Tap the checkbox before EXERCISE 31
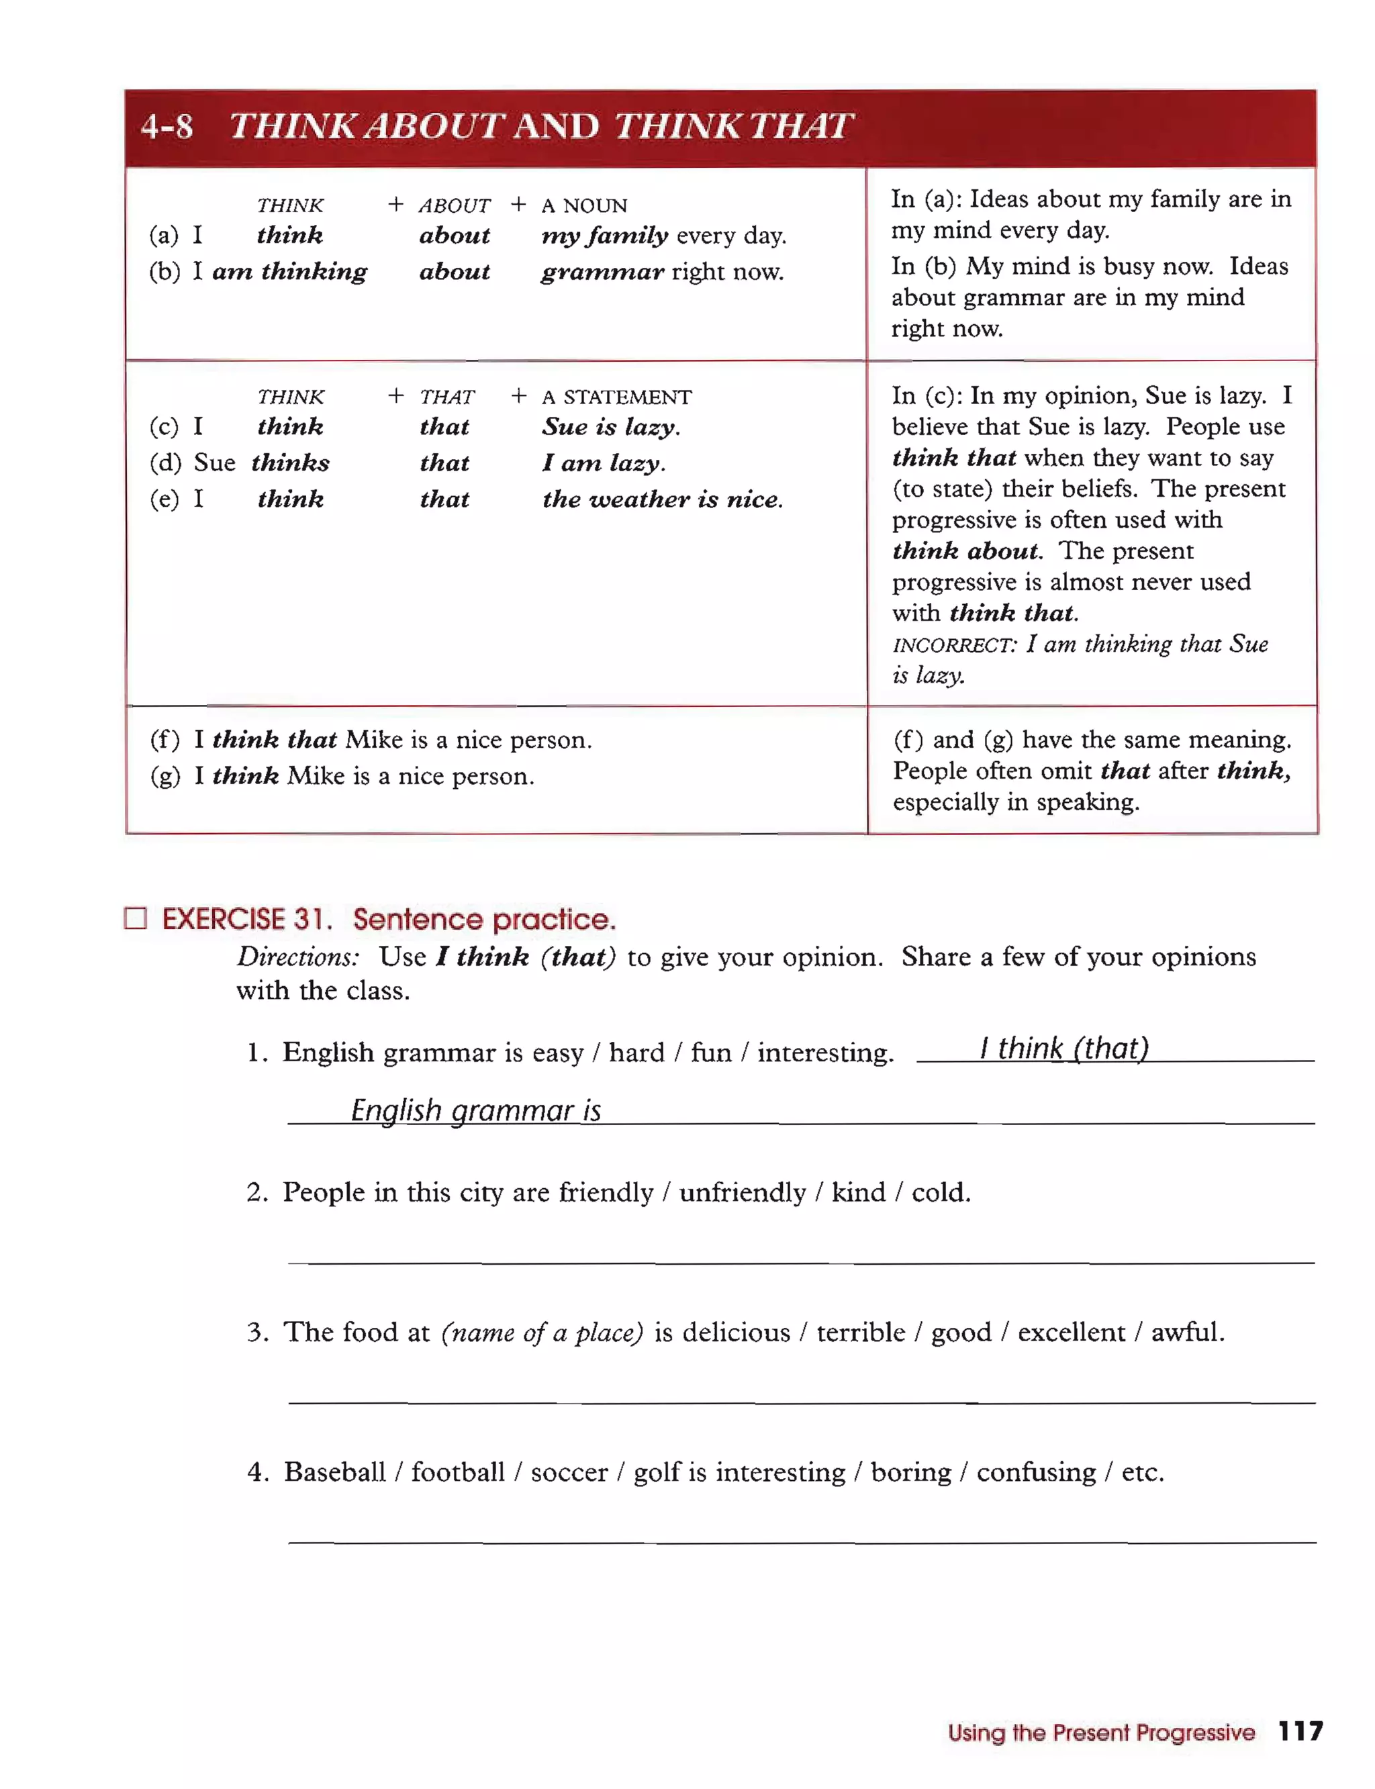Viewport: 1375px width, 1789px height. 135,918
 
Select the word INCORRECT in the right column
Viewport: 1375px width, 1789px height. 953,645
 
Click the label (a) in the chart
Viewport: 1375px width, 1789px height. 164,236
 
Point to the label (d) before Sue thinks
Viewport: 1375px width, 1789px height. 164,463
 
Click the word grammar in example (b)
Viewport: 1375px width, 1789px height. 602,272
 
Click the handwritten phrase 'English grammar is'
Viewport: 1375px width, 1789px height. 475,1110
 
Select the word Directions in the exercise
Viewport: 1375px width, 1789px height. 298,957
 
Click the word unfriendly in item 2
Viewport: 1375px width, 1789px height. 743,1192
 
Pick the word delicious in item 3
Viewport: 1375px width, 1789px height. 736,1333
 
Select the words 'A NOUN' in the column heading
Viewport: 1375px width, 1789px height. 583,205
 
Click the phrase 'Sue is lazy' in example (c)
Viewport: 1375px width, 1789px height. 610,427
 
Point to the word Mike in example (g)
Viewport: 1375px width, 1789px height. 316,776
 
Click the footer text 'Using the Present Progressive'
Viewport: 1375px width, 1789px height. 1101,1733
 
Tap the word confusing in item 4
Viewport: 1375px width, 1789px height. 1035,1472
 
